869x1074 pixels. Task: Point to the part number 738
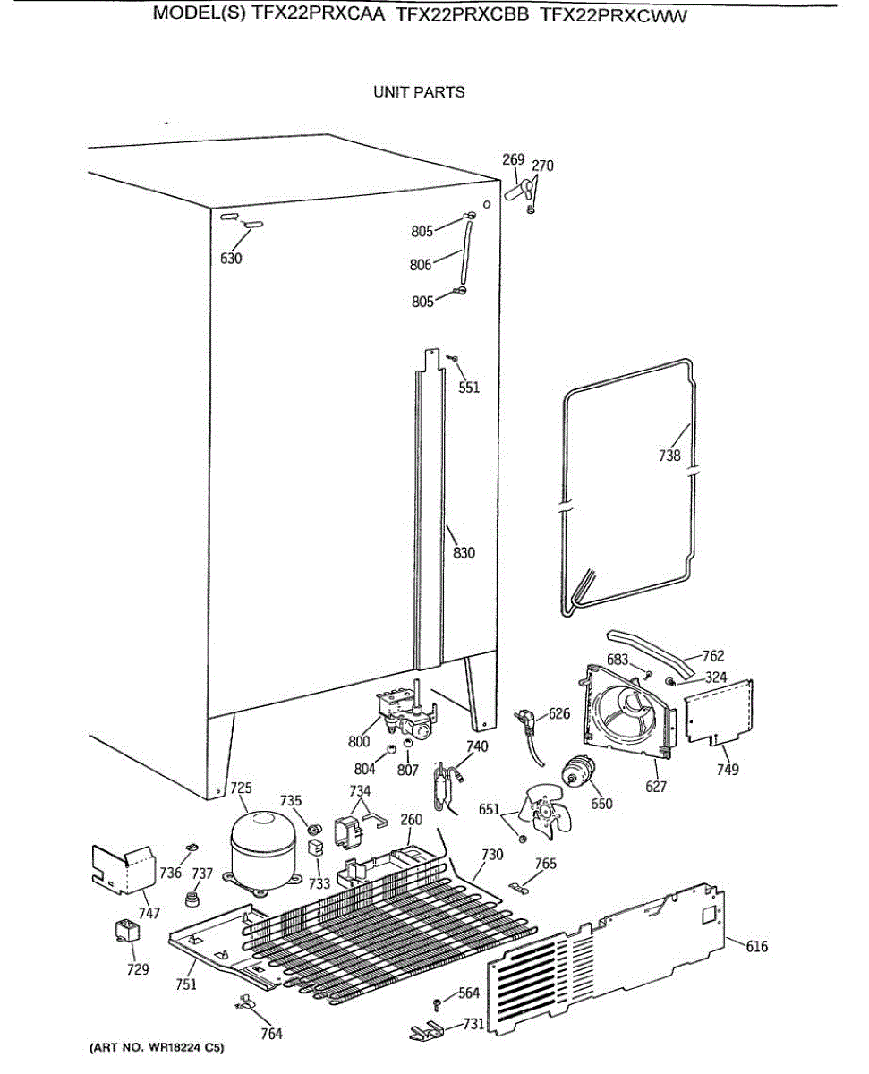(669, 456)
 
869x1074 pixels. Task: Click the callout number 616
(756, 946)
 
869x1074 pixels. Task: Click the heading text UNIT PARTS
(419, 92)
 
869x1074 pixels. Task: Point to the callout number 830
(464, 553)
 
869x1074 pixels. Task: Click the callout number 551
(469, 388)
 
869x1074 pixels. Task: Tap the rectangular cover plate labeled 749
(719, 712)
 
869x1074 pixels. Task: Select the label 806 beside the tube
(422, 265)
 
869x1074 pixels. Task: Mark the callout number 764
(271, 1034)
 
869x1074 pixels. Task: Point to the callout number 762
(712, 656)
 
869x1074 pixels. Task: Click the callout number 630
(231, 259)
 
